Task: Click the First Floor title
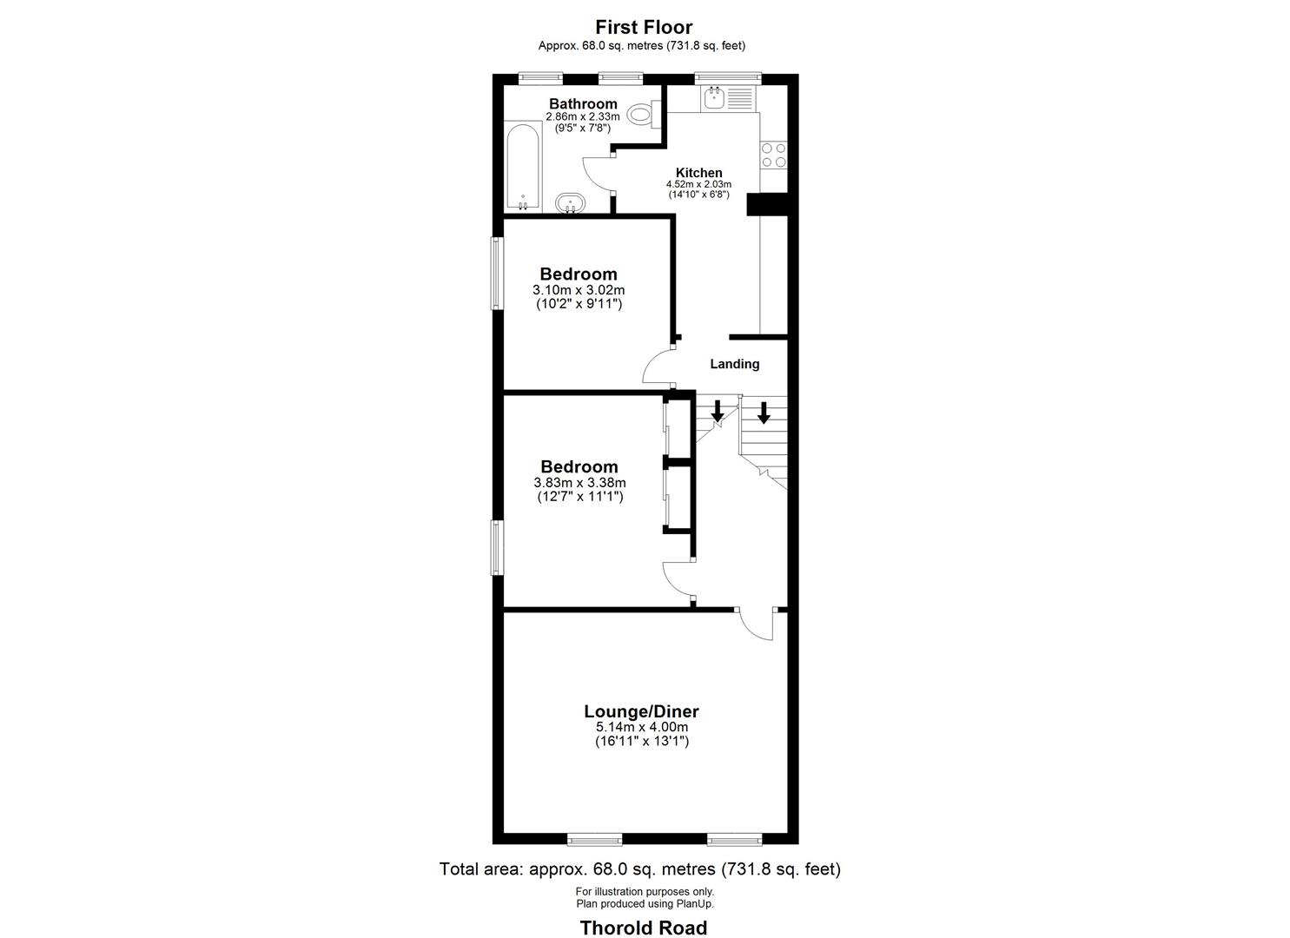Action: [x=644, y=27]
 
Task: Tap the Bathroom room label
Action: [x=583, y=104]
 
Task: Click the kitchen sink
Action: [x=715, y=98]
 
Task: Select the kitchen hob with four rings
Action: [x=773, y=155]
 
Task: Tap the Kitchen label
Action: [x=698, y=173]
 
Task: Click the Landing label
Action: [x=735, y=364]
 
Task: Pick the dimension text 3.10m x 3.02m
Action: [x=579, y=290]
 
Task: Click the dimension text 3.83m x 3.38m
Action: [x=579, y=483]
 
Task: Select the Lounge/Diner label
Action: [x=642, y=711]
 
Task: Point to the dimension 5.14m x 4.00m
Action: [x=642, y=727]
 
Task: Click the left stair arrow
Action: [x=718, y=411]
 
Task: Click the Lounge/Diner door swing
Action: [x=757, y=625]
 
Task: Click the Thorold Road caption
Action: [x=644, y=928]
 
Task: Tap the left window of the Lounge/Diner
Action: [x=595, y=838]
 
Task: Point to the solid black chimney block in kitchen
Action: [x=766, y=204]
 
